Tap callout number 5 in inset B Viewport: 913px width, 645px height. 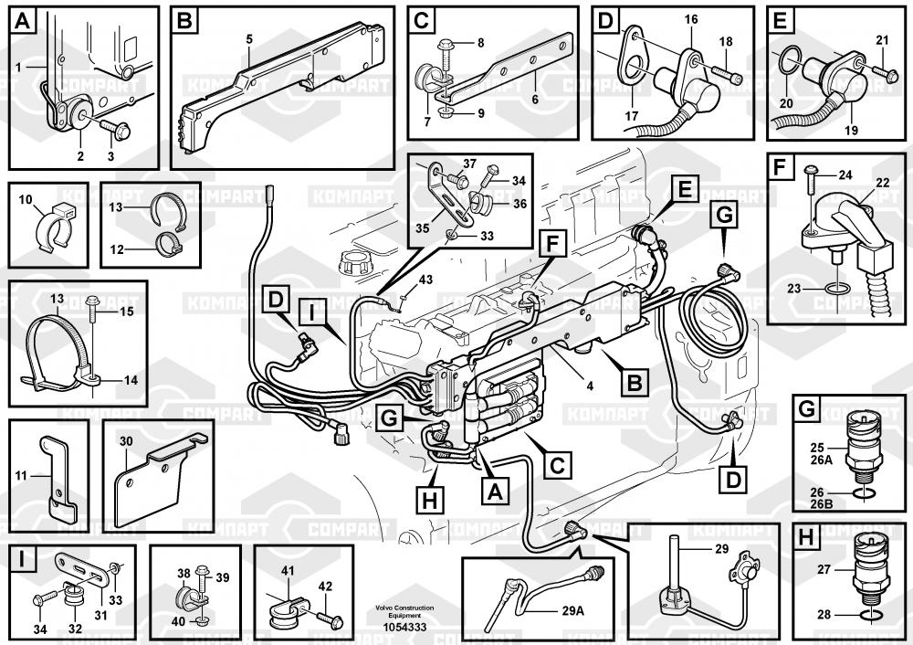[x=248, y=38]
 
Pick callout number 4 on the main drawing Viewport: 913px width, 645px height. [x=590, y=386]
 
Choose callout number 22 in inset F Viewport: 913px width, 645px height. [x=883, y=182]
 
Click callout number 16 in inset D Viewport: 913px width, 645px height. [x=690, y=20]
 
